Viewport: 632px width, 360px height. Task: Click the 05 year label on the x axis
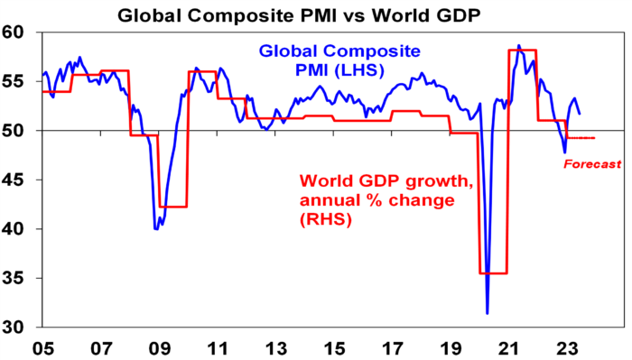(x=42, y=346)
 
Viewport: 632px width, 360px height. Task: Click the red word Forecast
(x=592, y=164)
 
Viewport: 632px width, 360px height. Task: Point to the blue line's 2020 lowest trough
(x=488, y=313)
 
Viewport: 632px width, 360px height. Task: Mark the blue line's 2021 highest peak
(x=518, y=45)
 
